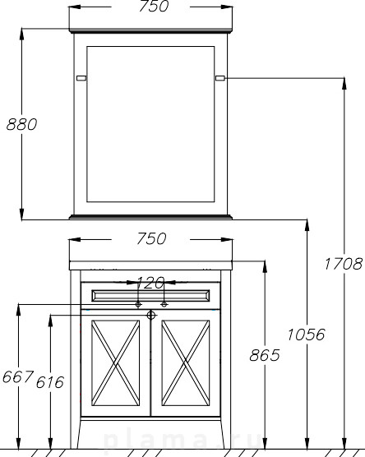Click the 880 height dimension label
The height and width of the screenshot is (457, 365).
tap(22, 124)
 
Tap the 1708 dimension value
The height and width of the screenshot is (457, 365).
tap(344, 264)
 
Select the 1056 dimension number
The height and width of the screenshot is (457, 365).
tap(306, 335)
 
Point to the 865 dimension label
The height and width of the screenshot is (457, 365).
tap(265, 355)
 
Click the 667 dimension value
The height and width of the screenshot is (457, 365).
tap(18, 376)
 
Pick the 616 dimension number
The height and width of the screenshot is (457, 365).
tap(50, 382)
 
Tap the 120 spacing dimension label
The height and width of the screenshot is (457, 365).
tap(150, 283)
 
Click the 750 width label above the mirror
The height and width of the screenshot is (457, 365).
tap(154, 7)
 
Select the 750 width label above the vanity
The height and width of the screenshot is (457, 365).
tap(151, 238)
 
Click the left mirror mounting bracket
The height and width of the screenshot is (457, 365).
tap(81, 78)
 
